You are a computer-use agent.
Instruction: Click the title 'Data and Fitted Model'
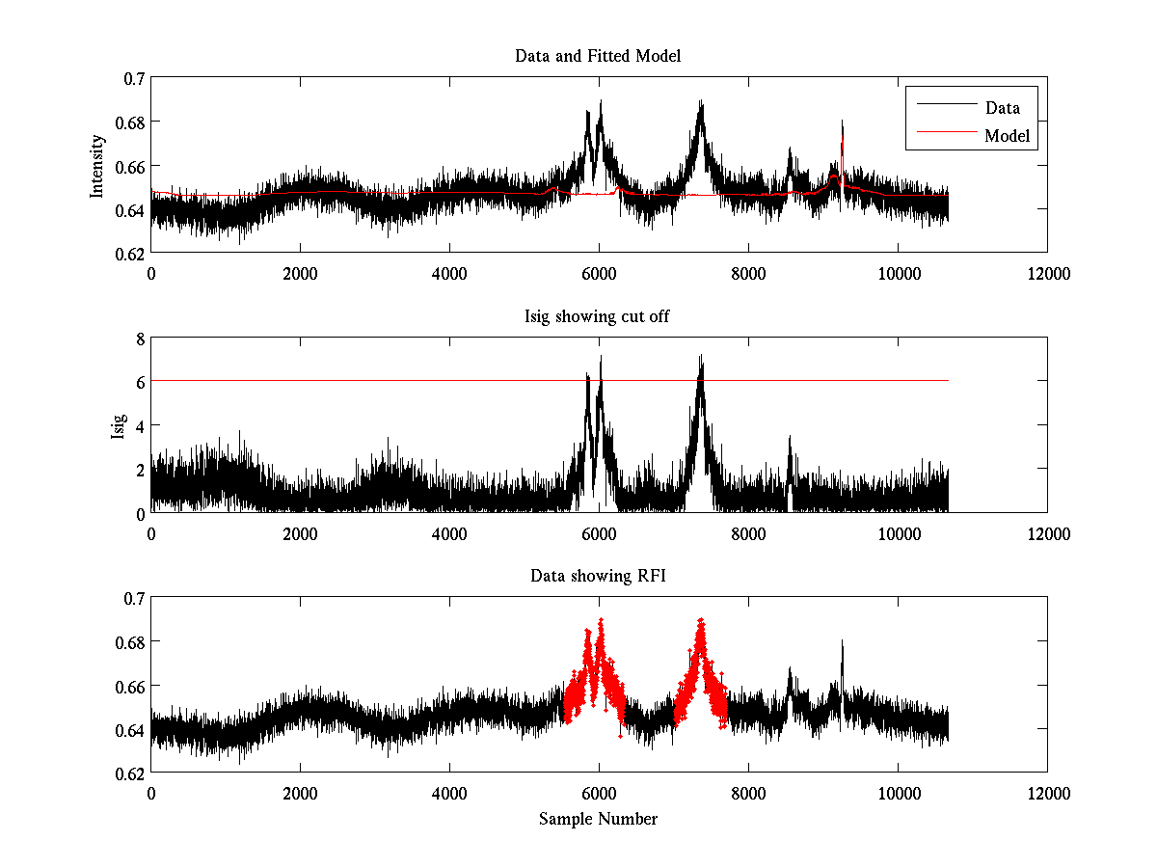tap(598, 56)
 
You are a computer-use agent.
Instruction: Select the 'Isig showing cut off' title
tap(598, 316)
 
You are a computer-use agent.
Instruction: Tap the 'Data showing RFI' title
tap(598, 577)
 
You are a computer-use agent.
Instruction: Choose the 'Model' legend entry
tap(1008, 136)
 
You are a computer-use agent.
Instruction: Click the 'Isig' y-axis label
tap(118, 425)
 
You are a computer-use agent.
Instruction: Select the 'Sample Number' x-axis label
tap(598, 819)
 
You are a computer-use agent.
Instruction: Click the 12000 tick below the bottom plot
tap(1047, 793)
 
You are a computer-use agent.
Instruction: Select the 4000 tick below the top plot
tap(449, 273)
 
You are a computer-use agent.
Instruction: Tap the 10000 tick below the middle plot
tap(898, 532)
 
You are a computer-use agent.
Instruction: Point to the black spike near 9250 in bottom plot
tap(842, 644)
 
